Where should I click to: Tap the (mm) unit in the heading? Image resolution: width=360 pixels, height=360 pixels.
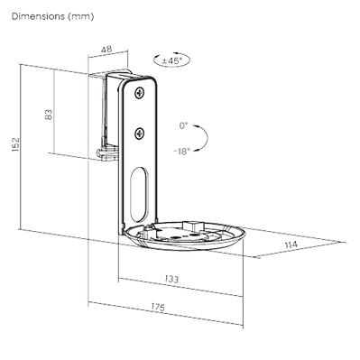(x=80, y=16)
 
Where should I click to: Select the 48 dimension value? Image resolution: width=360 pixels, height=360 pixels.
(x=106, y=49)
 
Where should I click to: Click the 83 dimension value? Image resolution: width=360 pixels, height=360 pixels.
(x=49, y=115)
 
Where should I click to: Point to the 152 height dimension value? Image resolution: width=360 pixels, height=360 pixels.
(x=15, y=144)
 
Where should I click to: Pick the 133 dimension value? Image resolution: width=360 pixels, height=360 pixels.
(x=171, y=279)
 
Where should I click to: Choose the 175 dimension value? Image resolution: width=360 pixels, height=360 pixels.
(x=158, y=307)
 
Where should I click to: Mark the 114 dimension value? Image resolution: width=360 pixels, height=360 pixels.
(x=291, y=245)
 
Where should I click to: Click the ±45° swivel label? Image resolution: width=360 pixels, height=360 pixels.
(x=171, y=60)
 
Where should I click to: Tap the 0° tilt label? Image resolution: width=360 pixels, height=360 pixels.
(x=183, y=125)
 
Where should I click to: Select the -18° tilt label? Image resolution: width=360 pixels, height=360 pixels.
(x=182, y=152)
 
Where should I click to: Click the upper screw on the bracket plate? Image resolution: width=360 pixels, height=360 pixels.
(x=140, y=93)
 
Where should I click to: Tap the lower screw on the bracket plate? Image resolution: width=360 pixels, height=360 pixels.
(x=140, y=133)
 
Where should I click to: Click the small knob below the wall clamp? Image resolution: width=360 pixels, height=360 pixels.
(x=101, y=152)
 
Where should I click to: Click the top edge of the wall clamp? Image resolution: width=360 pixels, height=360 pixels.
(x=110, y=72)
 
